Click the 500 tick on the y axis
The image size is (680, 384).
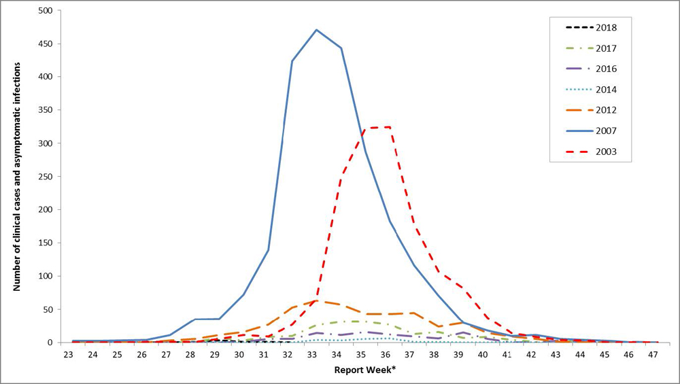(x=47, y=11)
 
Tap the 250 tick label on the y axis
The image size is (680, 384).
(x=47, y=177)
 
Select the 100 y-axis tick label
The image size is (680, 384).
(x=47, y=276)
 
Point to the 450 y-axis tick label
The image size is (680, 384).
(x=47, y=44)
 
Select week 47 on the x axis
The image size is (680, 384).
(x=653, y=355)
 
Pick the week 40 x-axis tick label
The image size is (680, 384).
(x=482, y=355)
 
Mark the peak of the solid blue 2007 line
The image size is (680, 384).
(x=317, y=30)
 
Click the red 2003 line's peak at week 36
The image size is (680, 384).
(x=389, y=127)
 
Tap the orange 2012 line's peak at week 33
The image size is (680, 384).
(x=314, y=300)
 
